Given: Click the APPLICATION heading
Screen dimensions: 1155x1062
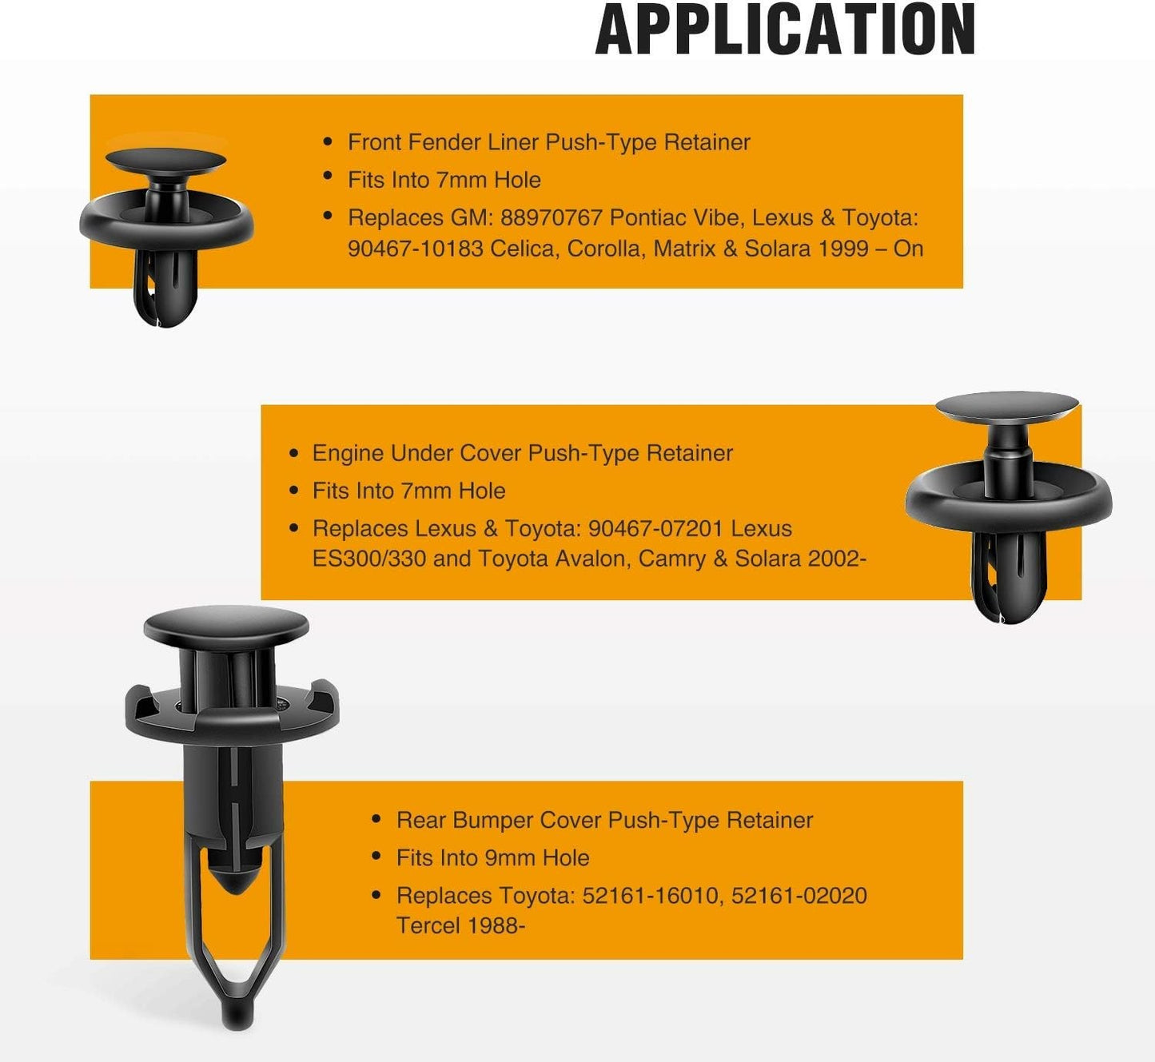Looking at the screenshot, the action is (x=784, y=29).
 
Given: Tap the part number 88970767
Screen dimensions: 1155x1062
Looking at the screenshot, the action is (x=551, y=217).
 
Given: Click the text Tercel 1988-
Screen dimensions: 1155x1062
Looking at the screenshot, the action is (x=460, y=925).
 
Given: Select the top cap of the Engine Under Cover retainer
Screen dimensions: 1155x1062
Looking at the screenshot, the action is (x=1007, y=408).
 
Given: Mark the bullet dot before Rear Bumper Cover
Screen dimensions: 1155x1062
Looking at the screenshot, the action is (x=376, y=819).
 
